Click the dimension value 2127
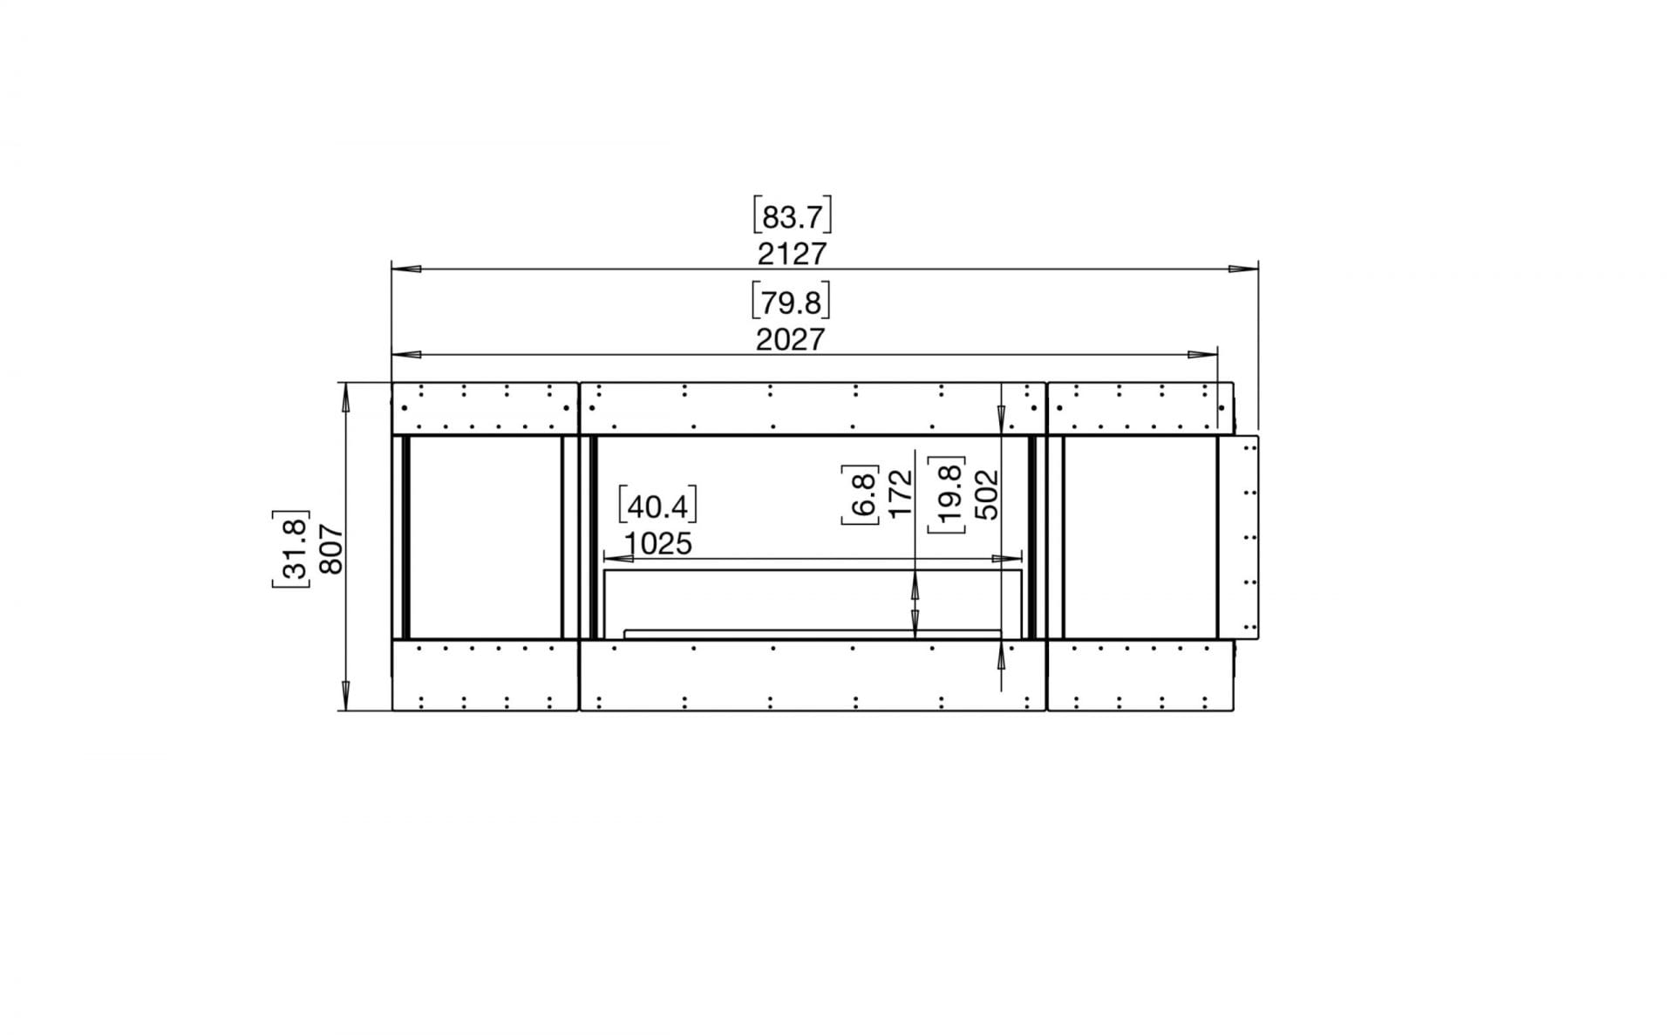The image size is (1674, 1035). point(791,254)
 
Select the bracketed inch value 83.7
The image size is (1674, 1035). point(792,217)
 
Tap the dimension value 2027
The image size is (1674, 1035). point(790,339)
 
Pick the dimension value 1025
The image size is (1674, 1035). point(658,543)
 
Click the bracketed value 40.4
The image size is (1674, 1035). point(657,507)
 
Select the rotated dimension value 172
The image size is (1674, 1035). point(900,494)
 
